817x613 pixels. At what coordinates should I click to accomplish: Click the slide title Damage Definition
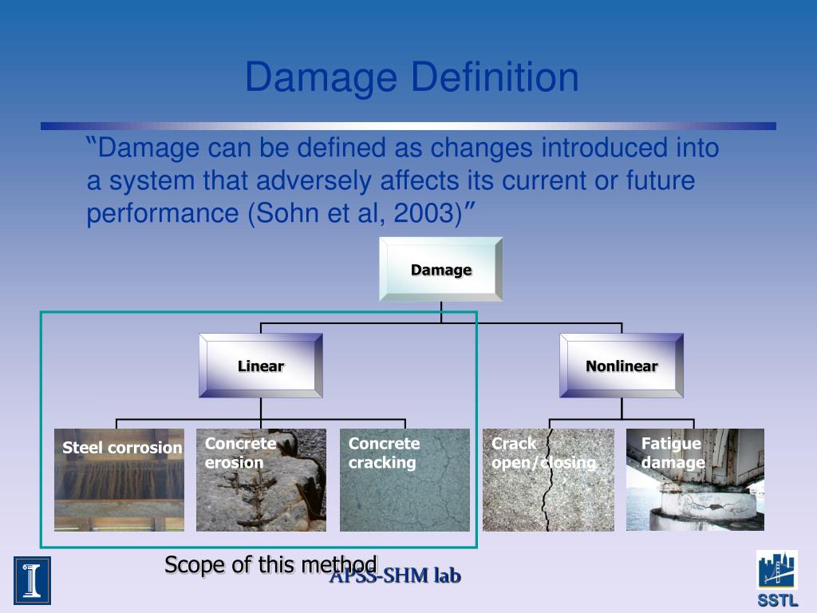coord(412,78)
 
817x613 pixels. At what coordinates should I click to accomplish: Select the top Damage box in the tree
coord(440,270)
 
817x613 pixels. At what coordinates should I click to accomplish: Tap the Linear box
coord(261,366)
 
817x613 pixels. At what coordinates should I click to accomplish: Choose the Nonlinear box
coord(622,366)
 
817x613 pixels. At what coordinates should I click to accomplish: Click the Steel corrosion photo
coord(119,491)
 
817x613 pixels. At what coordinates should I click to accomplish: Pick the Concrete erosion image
coord(261,491)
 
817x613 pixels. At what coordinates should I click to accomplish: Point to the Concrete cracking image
coord(405,491)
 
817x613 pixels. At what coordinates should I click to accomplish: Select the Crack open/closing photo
coord(548,491)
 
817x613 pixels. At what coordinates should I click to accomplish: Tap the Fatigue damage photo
coord(695,491)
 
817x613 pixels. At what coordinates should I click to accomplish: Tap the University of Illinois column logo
coord(32,580)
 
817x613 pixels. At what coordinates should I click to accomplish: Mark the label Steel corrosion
coord(122,448)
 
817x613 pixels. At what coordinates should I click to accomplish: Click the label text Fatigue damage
coord(672,453)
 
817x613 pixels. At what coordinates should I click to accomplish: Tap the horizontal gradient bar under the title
coord(408,126)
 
